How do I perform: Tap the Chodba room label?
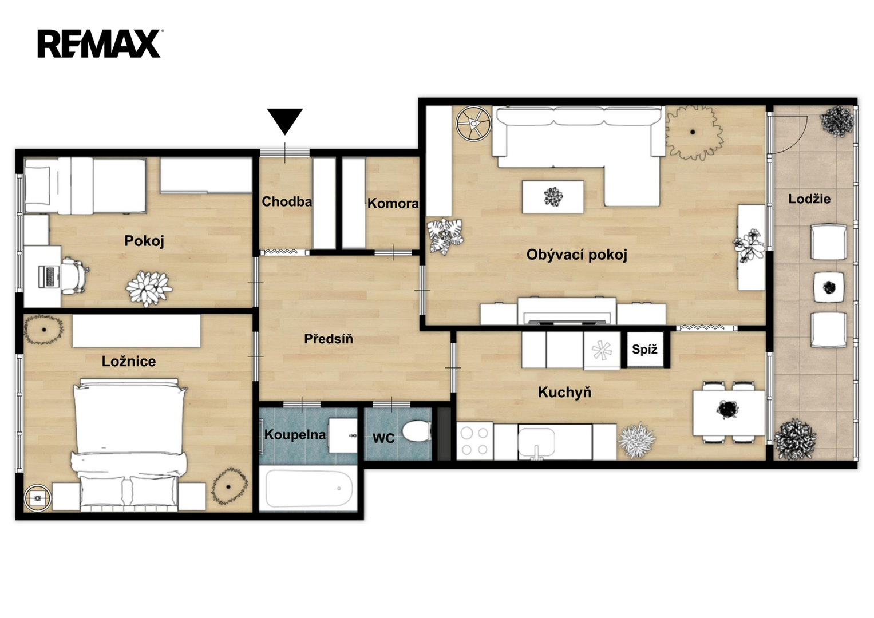[287, 201]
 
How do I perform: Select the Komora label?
[393, 203]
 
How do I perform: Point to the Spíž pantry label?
[644, 350]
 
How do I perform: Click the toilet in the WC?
[417, 431]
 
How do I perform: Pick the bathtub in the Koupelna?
[309, 488]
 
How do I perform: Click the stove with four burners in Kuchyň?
[475, 442]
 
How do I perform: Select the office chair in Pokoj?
[75, 275]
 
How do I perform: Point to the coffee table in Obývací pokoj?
[553, 197]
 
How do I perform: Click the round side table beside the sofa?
[473, 123]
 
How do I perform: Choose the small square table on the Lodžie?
[829, 287]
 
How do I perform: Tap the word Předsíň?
[329, 339]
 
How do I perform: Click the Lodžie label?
[809, 199]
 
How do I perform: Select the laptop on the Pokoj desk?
[49, 276]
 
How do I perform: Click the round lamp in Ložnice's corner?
[37, 498]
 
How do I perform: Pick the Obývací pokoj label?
[577, 255]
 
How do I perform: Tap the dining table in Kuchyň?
[729, 413]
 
